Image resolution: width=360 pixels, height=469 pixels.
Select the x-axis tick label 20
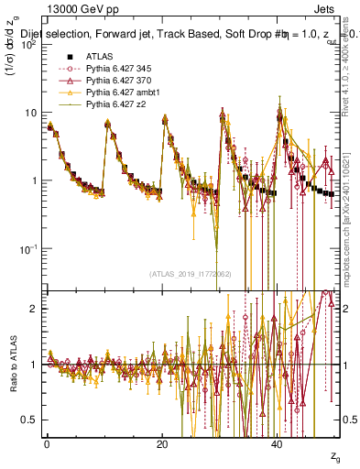pos(162,444)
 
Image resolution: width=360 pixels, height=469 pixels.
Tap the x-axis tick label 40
pos(278,444)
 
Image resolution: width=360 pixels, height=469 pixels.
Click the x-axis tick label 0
pos(47,444)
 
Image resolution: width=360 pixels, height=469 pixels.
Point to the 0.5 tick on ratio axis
pos(32,420)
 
